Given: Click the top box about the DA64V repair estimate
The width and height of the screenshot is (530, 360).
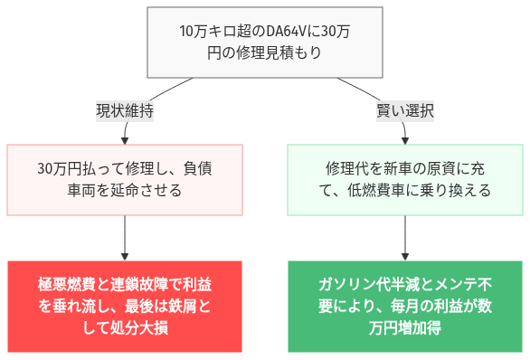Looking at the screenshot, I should [264, 42].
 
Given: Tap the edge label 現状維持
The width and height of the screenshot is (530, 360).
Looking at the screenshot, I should [125, 111].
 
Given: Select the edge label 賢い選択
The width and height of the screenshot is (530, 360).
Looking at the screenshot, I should [404, 111].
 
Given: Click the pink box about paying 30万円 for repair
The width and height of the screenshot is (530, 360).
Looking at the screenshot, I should [125, 179].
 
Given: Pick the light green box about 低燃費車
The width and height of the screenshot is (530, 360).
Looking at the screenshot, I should [404, 179].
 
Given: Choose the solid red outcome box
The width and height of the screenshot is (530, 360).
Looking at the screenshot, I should [125, 307].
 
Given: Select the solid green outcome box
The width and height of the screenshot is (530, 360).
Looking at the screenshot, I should [404, 307].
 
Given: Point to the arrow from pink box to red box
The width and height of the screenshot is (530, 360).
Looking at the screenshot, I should [125, 237].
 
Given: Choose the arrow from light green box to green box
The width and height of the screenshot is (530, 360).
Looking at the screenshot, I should [404, 237].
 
